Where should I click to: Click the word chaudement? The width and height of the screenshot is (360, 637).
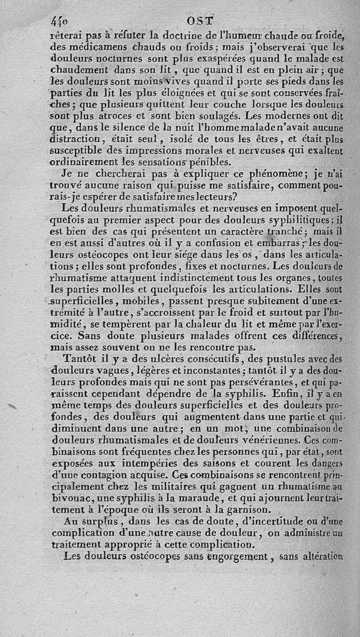[x=80, y=70]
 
